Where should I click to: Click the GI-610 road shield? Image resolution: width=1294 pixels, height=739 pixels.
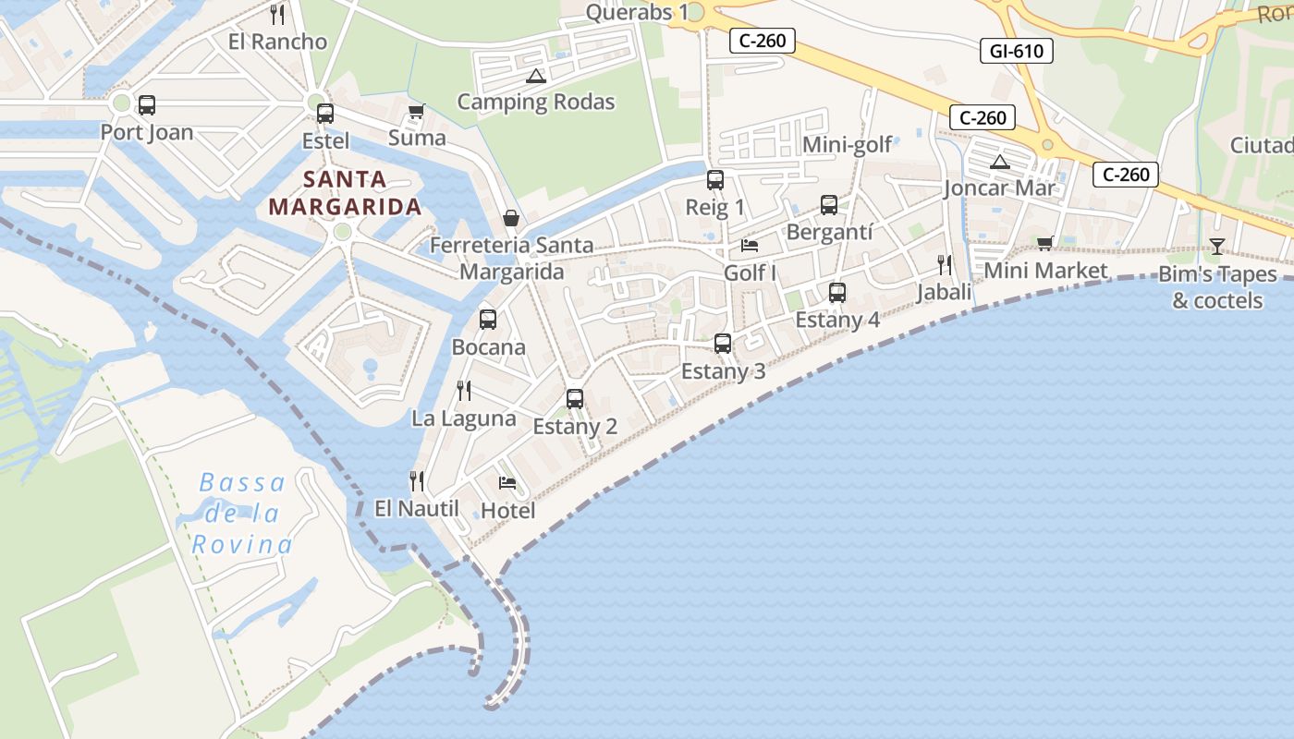click(x=1017, y=51)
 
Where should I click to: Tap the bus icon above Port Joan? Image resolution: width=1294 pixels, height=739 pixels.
click(x=146, y=105)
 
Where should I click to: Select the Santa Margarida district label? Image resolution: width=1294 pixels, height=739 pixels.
click(x=345, y=193)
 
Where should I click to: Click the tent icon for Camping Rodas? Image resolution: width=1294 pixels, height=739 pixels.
click(x=535, y=77)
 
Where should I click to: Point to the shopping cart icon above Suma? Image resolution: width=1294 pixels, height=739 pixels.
click(x=416, y=112)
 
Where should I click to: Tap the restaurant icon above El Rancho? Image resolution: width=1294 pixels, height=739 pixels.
click(x=276, y=15)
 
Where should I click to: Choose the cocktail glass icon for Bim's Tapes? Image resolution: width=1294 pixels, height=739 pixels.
click(x=1216, y=246)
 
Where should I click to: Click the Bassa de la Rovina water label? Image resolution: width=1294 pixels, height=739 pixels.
click(x=242, y=514)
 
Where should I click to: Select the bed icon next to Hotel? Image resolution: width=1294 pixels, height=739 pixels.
click(x=507, y=482)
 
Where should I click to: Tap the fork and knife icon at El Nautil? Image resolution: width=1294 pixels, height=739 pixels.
click(x=417, y=481)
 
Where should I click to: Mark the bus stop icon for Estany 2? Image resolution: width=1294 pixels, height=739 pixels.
click(x=575, y=399)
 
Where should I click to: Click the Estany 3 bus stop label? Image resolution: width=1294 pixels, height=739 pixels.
click(x=723, y=371)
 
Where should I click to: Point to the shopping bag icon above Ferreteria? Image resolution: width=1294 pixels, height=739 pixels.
click(x=511, y=218)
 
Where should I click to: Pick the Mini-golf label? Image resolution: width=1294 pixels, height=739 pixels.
click(x=847, y=145)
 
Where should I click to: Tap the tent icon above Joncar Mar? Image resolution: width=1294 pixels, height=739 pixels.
click(x=999, y=163)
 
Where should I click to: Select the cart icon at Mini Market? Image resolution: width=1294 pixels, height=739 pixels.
click(x=1044, y=244)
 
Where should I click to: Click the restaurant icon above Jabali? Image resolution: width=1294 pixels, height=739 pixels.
click(x=944, y=265)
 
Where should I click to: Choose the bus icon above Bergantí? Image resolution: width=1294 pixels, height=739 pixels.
click(x=829, y=205)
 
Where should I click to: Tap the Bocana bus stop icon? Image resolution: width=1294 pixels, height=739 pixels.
click(x=488, y=320)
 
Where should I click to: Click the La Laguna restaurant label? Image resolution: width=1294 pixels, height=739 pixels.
click(x=463, y=418)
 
